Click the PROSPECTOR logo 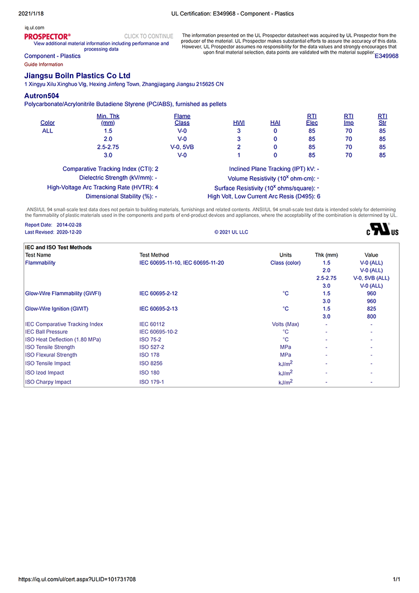pyautogui.click(x=47, y=36)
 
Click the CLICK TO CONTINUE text pyautogui.click(x=149, y=36)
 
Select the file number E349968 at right pyautogui.click(x=387, y=56)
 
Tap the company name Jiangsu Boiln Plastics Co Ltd pyautogui.click(x=77, y=75)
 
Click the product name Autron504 pyautogui.click(x=42, y=96)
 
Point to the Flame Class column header pyautogui.click(x=182, y=120)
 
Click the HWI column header pyautogui.click(x=239, y=123)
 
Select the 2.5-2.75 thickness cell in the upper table pyautogui.click(x=108, y=147)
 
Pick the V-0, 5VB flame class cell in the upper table pyautogui.click(x=182, y=147)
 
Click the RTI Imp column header pyautogui.click(x=349, y=120)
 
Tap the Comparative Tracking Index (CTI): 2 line pyautogui.click(x=111, y=169)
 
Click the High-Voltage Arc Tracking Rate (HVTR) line pyautogui.click(x=103, y=187)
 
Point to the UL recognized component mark pyautogui.click(x=383, y=230)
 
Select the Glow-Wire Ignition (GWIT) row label pyautogui.click(x=56, y=309)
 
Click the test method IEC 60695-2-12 pyautogui.click(x=159, y=293)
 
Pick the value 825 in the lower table pyautogui.click(x=372, y=309)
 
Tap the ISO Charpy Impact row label pyautogui.click(x=48, y=382)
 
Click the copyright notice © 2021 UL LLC pyautogui.click(x=231, y=232)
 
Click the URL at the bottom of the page pyautogui.click(x=77, y=580)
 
